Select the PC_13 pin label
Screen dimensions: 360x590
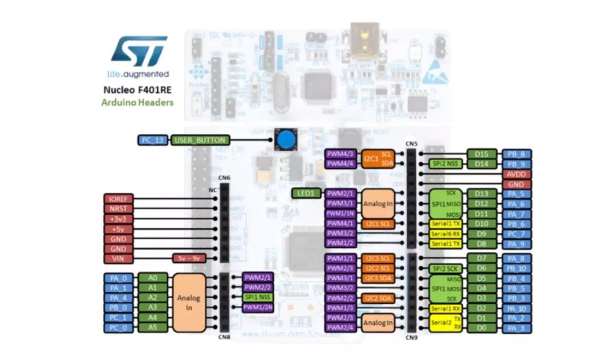[152, 140]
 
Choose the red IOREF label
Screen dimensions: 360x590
[119, 199]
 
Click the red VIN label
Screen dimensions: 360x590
[119, 258]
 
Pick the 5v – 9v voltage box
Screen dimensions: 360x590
[187, 258]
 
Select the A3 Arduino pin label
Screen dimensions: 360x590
[152, 308]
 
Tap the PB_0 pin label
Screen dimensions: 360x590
[119, 308]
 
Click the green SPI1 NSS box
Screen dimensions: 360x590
[257, 298]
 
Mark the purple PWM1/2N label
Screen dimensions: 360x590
[257, 308]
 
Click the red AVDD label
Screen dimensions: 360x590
[517, 174]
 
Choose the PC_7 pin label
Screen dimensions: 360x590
[517, 233]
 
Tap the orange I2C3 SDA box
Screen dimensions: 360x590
[377, 278]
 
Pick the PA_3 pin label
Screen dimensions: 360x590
[517, 328]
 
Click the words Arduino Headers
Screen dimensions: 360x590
[137, 102]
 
